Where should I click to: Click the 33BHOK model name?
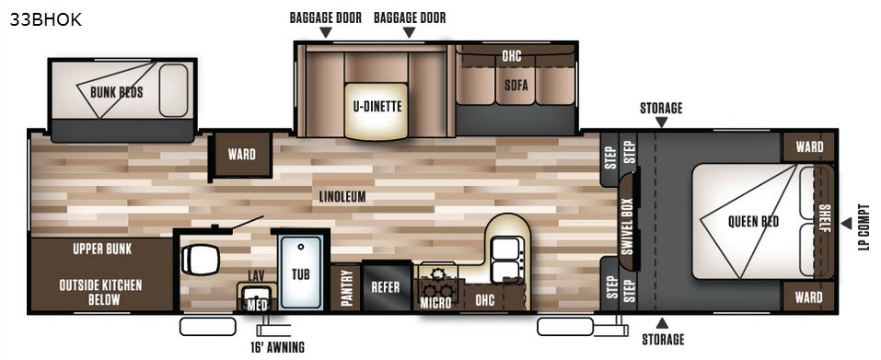tap(45, 19)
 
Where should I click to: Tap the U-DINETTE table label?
tap(377, 106)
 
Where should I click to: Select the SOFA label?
tap(516, 86)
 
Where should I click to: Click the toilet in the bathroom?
tap(200, 260)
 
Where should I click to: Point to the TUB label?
tap(301, 274)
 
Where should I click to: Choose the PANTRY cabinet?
tap(345, 288)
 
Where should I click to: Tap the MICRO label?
tap(436, 303)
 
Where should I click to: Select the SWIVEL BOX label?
tap(628, 226)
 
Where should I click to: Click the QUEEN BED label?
tap(753, 221)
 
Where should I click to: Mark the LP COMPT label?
tap(864, 226)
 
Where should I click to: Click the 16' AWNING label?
tap(278, 346)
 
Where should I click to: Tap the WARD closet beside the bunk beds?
tap(241, 155)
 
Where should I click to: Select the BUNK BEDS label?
tap(117, 92)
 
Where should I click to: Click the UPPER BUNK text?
tap(102, 249)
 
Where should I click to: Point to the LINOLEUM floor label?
tap(342, 196)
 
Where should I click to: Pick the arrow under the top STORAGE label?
tap(661, 122)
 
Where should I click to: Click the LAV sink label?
tap(256, 276)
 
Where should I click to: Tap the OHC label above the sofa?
tap(512, 55)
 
